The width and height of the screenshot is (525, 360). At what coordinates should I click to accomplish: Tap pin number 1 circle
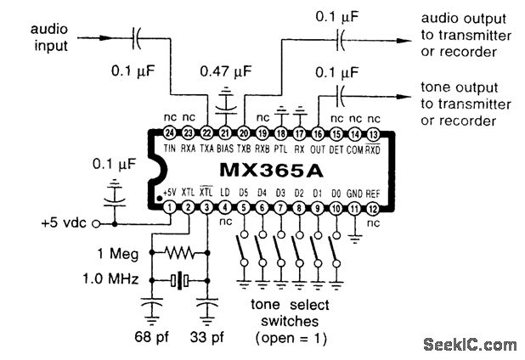coord(170,207)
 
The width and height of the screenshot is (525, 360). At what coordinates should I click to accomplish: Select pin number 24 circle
coord(170,133)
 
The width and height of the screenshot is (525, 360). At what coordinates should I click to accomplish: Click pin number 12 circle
coord(374,207)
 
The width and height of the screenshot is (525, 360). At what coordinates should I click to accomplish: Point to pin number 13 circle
coord(374,133)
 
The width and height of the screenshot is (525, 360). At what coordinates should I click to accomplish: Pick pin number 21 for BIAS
coord(225,133)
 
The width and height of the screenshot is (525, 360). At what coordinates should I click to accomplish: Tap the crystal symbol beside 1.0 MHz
coord(178,279)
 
